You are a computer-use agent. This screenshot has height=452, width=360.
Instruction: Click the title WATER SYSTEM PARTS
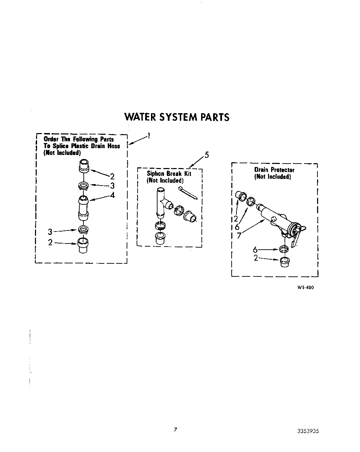click(176, 117)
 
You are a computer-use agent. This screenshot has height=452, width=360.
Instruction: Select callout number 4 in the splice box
click(112, 195)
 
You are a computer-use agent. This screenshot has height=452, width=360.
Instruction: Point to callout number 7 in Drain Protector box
click(239, 236)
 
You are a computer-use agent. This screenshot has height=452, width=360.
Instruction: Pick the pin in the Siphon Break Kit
click(188, 193)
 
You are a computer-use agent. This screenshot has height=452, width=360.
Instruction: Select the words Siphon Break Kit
click(169, 174)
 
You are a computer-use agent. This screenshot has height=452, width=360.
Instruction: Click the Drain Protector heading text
click(274, 170)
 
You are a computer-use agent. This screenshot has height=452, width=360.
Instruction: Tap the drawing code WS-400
click(305, 287)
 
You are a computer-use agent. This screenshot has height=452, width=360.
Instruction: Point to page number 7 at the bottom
click(175, 429)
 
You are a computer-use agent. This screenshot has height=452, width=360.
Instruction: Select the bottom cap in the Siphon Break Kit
click(159, 238)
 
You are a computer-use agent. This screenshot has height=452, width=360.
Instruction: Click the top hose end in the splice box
click(84, 166)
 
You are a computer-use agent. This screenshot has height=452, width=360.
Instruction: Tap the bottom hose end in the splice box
click(84, 245)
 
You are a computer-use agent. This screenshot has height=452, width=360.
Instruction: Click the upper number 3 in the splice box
click(112, 186)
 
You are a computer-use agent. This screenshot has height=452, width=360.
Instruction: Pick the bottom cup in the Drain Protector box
click(284, 262)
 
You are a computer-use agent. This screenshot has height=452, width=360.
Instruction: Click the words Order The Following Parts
click(79, 139)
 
